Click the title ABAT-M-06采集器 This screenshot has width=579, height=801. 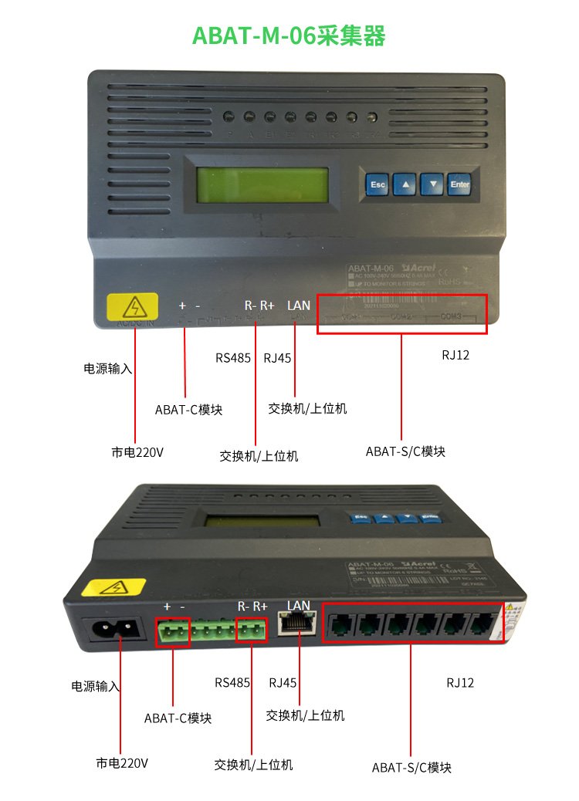point(289,35)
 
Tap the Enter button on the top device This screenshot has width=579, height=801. point(459,185)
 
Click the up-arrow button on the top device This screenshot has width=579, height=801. point(406,185)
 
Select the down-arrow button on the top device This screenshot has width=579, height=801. point(433,185)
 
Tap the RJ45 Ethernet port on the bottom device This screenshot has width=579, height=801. point(297,624)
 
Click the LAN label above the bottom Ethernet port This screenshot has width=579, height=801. point(298,605)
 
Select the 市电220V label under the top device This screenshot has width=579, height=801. point(137,452)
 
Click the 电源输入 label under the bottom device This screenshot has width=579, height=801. point(96,686)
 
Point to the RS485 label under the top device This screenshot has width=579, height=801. point(232,358)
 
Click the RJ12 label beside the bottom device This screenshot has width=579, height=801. point(460,683)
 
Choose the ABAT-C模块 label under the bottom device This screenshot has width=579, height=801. point(178,718)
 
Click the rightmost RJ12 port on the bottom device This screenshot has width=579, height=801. point(485,623)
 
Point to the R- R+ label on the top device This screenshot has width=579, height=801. point(259,306)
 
